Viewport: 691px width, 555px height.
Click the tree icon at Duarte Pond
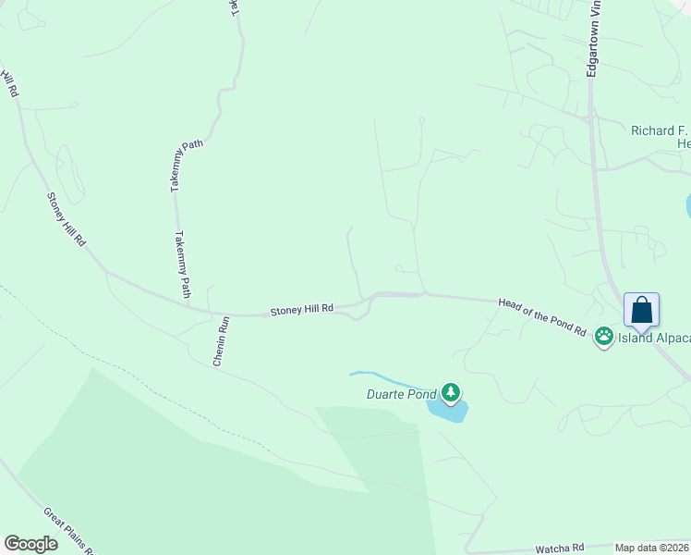(x=451, y=393)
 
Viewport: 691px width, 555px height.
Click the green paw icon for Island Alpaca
(x=604, y=337)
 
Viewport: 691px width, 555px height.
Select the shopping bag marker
(x=641, y=310)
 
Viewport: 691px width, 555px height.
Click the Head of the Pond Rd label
(x=542, y=316)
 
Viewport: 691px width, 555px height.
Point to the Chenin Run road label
(x=221, y=341)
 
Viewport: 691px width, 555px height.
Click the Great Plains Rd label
(x=70, y=530)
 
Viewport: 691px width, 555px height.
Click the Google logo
(x=30, y=544)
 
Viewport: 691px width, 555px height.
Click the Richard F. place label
(x=660, y=130)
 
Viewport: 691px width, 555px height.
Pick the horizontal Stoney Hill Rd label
(x=301, y=310)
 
